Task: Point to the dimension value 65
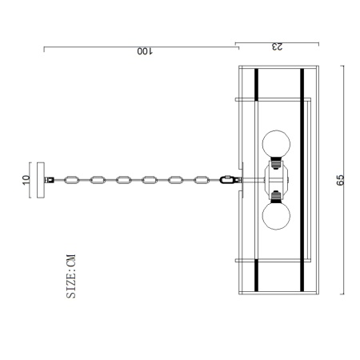pos(340,180)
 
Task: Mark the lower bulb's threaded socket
pos(276,195)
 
